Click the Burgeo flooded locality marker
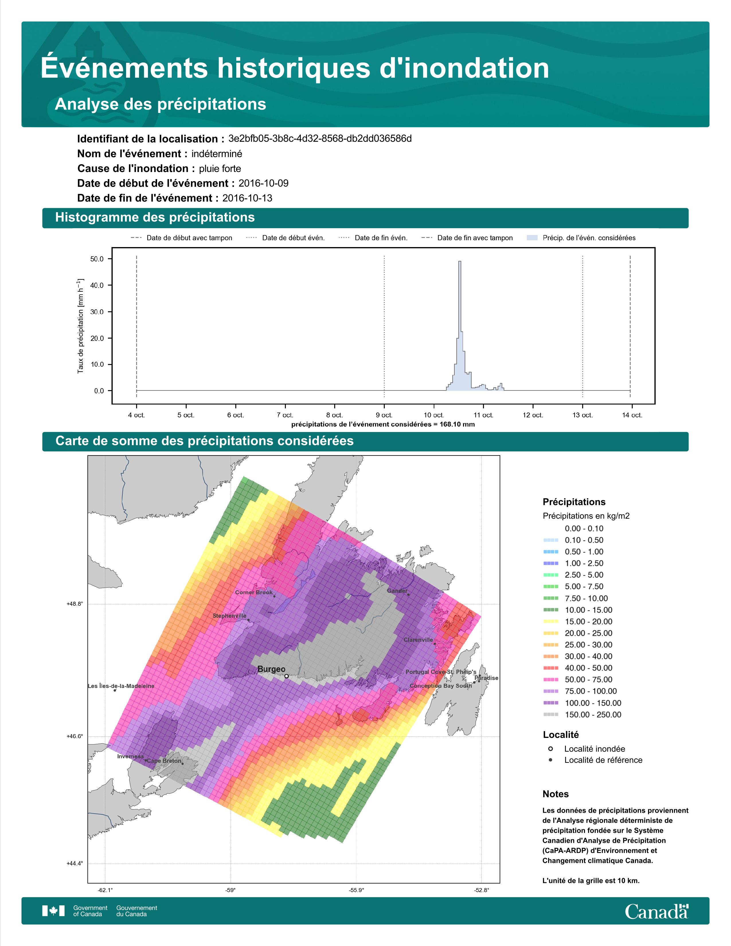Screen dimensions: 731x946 [286, 676]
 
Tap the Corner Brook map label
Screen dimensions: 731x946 [254, 592]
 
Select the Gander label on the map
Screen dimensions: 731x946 [397, 591]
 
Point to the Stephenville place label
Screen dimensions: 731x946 [230, 615]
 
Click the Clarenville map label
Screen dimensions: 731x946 [418, 640]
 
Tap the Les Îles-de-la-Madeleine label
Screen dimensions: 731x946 [121, 686]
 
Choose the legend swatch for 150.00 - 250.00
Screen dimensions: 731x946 [550, 715]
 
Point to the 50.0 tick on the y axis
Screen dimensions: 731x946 [97, 259]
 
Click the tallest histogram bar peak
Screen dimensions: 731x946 [460, 261]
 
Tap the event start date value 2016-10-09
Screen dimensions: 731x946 [263, 183]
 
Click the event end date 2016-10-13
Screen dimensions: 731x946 [247, 198]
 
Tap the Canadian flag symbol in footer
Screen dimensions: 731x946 [53, 911]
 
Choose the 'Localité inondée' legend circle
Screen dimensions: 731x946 [550, 748]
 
